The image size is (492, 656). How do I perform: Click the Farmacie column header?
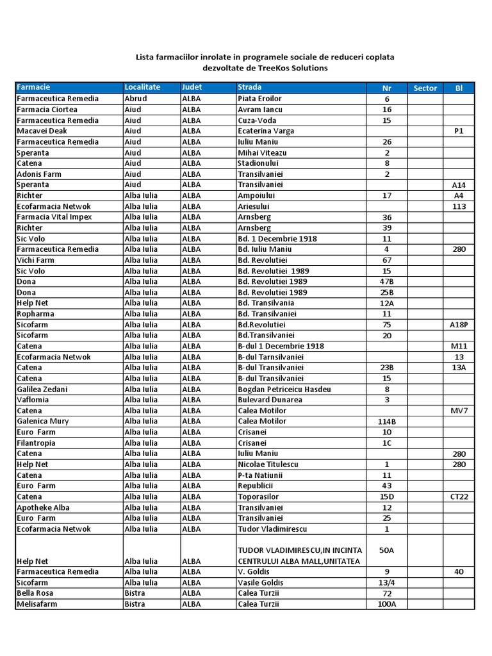(x=33, y=87)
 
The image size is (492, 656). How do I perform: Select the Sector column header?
(x=425, y=88)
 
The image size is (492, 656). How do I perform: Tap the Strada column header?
(x=249, y=87)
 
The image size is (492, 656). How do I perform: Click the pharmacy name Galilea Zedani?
(x=42, y=389)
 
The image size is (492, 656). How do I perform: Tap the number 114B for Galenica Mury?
(x=387, y=422)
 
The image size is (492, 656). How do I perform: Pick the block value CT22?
(x=459, y=497)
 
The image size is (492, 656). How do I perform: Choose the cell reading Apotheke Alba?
(x=43, y=507)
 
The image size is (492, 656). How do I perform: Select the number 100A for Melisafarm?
(x=387, y=605)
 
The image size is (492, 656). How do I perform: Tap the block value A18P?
(x=459, y=325)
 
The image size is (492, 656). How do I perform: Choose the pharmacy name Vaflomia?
(x=33, y=400)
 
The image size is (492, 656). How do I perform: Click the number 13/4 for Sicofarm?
(x=387, y=583)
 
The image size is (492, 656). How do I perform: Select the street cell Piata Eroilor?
(x=259, y=99)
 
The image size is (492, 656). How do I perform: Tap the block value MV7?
(x=459, y=411)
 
